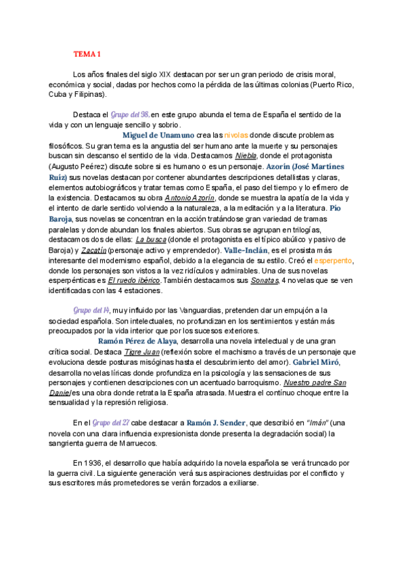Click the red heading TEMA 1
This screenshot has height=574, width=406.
click(x=87, y=53)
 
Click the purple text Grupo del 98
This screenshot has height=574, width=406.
click(x=130, y=114)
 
